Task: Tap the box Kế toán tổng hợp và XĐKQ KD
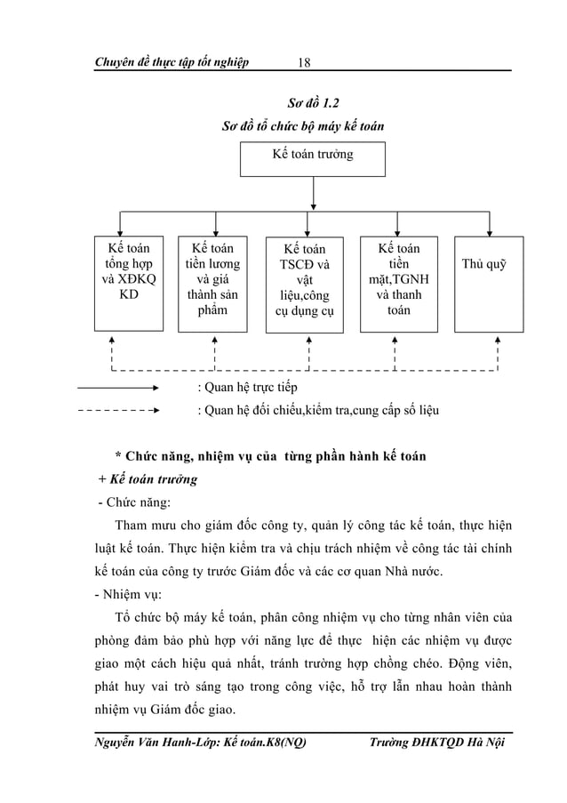point(129,282)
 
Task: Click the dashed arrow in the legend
point(118,411)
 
